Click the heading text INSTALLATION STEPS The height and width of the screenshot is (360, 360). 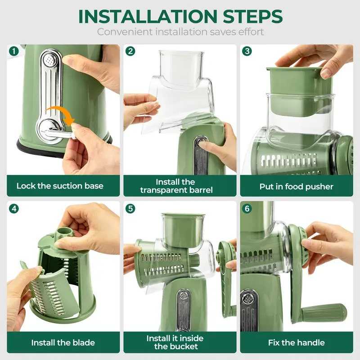[x=180, y=16]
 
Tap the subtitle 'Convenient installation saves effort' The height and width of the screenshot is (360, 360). [x=180, y=32]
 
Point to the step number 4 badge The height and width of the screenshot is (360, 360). [x=14, y=208]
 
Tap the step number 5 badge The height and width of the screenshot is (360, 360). [x=130, y=208]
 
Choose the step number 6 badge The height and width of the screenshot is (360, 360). [x=247, y=208]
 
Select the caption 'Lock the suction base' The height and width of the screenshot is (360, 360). [x=60, y=186]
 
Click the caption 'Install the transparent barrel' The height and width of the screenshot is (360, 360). [x=176, y=186]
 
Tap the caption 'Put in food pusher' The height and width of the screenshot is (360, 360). [x=296, y=186]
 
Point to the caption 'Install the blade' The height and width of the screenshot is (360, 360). [x=63, y=343]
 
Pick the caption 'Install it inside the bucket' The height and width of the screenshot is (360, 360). [x=175, y=342]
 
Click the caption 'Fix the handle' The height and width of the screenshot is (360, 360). [x=296, y=343]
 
